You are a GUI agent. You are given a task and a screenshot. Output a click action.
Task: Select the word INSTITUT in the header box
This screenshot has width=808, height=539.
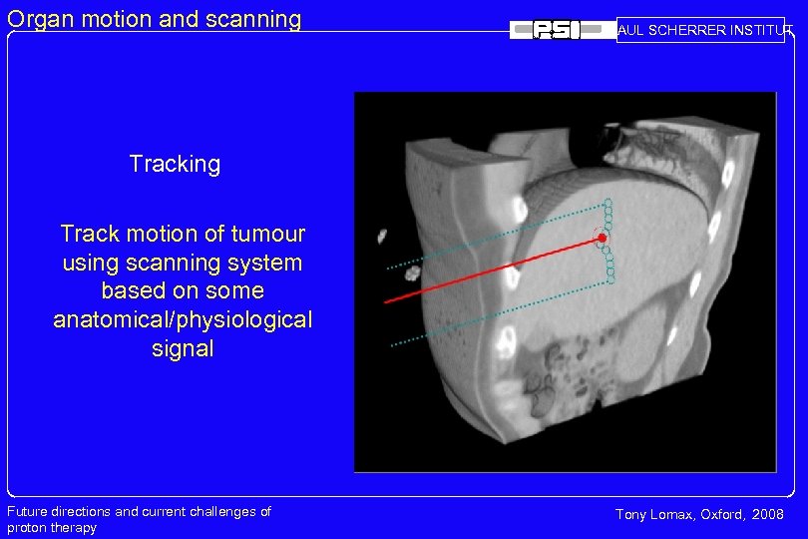point(763,30)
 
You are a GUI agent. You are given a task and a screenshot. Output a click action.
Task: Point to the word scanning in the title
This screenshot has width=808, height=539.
point(255,19)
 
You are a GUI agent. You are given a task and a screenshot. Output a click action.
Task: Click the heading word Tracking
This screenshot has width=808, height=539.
point(175,164)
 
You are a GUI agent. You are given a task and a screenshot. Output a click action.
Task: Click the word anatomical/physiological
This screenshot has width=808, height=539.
point(183,319)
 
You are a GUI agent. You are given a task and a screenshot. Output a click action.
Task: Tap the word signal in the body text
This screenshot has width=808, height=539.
point(183,348)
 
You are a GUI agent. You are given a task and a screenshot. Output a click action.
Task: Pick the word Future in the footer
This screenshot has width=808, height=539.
point(27,512)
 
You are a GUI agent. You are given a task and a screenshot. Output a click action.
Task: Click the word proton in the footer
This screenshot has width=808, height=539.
point(27,528)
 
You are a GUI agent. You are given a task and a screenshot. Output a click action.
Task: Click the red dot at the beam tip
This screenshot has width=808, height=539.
point(602,238)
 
